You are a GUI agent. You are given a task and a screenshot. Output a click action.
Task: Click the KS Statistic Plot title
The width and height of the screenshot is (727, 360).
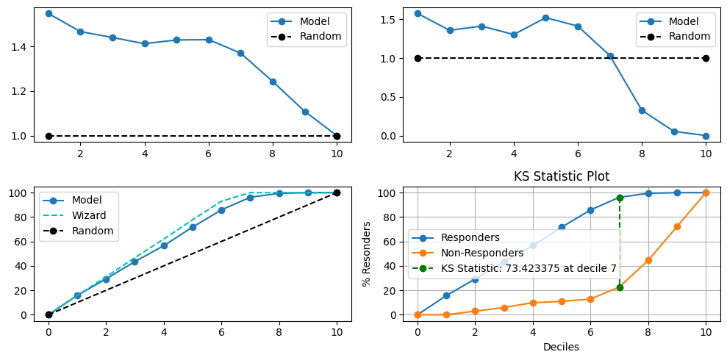tap(562, 176)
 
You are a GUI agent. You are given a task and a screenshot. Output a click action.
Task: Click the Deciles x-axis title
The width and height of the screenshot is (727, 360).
tap(562, 347)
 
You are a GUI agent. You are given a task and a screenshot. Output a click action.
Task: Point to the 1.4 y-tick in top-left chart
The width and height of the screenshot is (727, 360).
tap(16, 47)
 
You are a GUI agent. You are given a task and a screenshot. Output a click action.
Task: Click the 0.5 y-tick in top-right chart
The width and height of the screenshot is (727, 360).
tap(385, 97)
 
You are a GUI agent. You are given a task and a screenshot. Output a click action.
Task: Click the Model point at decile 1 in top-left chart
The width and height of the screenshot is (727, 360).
tap(49, 13)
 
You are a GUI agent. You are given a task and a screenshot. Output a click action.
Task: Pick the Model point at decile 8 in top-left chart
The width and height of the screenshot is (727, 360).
tap(273, 82)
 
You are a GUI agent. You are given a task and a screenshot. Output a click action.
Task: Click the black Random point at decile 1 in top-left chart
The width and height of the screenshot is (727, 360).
tap(49, 136)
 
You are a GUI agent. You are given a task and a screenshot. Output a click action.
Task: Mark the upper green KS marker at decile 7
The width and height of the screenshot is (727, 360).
tap(620, 198)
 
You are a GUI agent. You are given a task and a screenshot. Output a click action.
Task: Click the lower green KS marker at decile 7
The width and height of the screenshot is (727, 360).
tap(620, 287)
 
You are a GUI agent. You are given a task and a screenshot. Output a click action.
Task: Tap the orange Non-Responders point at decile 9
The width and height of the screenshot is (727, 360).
tap(677, 226)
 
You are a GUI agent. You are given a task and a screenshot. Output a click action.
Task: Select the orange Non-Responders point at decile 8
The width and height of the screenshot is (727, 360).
tap(648, 260)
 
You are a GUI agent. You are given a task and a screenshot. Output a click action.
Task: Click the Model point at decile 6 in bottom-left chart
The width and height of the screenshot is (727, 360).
tap(221, 210)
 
